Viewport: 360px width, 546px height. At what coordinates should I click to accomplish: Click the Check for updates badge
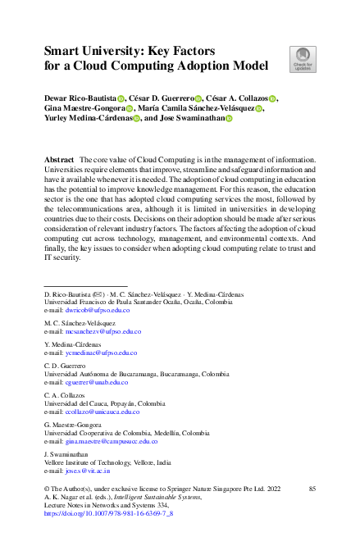click(x=302, y=58)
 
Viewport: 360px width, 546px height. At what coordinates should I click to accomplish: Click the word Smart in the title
click(x=66, y=49)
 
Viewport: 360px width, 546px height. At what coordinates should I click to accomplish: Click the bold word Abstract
click(x=58, y=157)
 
